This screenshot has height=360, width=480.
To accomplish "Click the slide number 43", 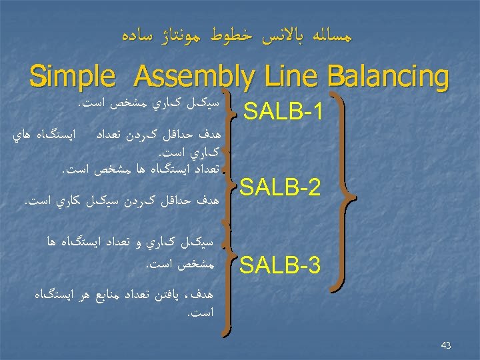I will [446, 345].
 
